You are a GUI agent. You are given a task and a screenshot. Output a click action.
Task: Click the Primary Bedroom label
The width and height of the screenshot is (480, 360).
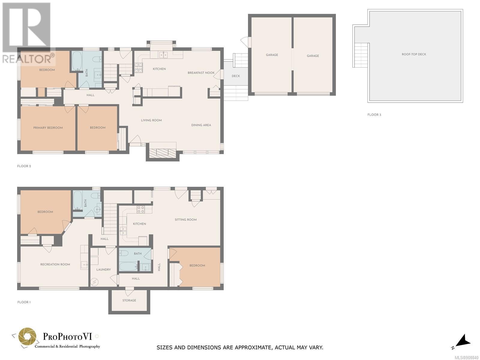click(x=48, y=128)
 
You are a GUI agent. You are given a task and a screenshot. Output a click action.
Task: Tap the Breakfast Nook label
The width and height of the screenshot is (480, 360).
click(x=201, y=73)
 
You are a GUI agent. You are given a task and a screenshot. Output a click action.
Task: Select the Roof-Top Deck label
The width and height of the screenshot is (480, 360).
click(x=414, y=54)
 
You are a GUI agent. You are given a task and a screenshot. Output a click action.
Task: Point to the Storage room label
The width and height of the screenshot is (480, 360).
click(x=129, y=300)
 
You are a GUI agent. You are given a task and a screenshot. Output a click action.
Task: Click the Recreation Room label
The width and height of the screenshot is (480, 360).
click(x=55, y=264)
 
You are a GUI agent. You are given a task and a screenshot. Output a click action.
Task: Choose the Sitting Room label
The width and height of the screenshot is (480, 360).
click(x=186, y=220)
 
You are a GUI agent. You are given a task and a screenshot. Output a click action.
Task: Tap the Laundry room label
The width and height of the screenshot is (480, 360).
click(x=103, y=269)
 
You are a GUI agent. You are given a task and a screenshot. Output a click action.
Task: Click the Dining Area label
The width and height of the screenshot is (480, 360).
click(x=201, y=125)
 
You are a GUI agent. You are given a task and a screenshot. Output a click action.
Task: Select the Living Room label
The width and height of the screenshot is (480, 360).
click(x=151, y=120)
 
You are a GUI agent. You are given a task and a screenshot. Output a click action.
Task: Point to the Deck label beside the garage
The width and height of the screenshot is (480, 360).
click(x=236, y=76)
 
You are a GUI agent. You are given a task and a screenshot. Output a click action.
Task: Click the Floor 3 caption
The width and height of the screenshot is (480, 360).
click(x=374, y=115)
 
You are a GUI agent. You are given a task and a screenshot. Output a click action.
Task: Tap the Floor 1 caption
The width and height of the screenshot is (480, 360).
click(x=24, y=302)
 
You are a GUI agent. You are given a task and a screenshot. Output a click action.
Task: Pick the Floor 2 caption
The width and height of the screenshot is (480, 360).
click(x=24, y=166)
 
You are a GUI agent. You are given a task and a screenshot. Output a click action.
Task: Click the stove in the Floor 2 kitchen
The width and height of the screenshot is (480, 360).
click(x=138, y=67)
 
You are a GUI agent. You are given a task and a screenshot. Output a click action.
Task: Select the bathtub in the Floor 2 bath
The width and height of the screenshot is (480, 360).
click(x=77, y=61)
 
